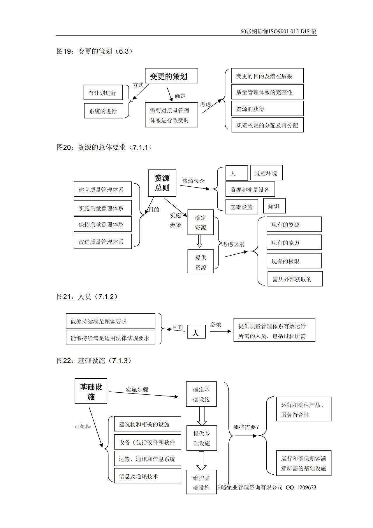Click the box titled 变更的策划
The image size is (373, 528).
(x=171, y=76)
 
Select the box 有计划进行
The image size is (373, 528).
(x=103, y=93)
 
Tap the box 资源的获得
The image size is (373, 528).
(x=267, y=109)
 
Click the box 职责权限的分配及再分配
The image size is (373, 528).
(x=267, y=125)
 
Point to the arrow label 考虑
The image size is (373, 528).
(x=206, y=104)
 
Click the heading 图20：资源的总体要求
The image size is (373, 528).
(x=104, y=147)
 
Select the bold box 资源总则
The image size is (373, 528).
(x=162, y=183)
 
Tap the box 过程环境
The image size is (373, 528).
(x=266, y=173)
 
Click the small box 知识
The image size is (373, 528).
(x=274, y=206)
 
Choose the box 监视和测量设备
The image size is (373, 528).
(x=250, y=190)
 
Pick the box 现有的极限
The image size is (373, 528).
(x=294, y=261)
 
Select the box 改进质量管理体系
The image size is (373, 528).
(x=103, y=242)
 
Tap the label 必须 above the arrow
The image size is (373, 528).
(x=216, y=324)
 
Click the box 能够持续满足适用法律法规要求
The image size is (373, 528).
(x=110, y=338)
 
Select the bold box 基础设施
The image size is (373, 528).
(x=91, y=391)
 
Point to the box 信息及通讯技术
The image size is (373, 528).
(x=147, y=476)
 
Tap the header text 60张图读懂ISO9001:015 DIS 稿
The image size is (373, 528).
(x=278, y=32)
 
